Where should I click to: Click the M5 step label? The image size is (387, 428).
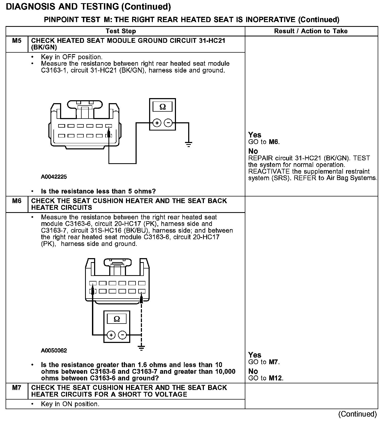coord(17,41)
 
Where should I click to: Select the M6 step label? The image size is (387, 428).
coord(17,201)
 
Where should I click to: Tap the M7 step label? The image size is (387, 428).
coord(17,388)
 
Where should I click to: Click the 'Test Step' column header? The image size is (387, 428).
coord(121,31)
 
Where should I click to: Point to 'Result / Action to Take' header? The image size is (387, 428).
coord(311,31)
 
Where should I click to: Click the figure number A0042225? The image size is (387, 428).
coord(54,177)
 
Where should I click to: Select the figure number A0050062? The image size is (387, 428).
coord(54,350)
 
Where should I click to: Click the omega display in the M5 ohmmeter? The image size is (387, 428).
coord(163,107)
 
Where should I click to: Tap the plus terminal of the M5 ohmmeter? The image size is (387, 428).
coord(157,123)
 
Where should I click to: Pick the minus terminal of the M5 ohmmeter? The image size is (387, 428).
coord(168,123)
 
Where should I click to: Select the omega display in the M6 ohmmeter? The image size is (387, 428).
coord(117,319)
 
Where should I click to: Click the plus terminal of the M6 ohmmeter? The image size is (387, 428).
coord(111,335)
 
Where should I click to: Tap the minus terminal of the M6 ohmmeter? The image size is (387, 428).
coord(122,335)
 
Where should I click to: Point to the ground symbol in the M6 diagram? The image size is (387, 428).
coord(141,347)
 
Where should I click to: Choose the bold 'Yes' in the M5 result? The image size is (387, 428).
coord(255,135)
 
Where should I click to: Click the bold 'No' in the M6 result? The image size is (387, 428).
coord(253,371)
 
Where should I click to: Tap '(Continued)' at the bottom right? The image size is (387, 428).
coord(357,414)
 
